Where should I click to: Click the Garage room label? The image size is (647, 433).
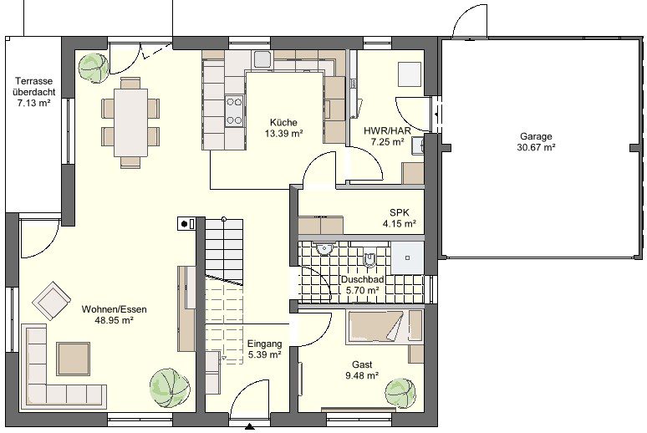click(536, 136)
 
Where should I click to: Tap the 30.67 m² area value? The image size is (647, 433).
click(536, 147)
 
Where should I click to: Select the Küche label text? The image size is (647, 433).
click(283, 122)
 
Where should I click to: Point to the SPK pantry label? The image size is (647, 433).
click(400, 212)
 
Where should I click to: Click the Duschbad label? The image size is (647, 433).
click(362, 279)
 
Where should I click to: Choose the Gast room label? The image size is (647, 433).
click(362, 364)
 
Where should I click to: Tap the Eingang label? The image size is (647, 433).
click(264, 344)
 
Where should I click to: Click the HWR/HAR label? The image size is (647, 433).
click(387, 131)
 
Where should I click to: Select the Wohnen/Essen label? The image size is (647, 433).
click(114, 309)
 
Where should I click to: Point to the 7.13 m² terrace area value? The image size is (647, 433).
click(33, 103)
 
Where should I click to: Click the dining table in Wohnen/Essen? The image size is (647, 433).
click(130, 123)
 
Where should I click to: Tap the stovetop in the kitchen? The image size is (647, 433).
click(234, 110)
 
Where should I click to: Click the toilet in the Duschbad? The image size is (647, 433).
click(369, 257)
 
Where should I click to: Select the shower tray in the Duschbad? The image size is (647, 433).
click(407, 258)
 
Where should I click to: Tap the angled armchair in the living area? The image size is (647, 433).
click(52, 301)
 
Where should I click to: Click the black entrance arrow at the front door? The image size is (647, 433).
click(249, 427)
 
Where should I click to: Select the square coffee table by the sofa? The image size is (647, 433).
click(74, 359)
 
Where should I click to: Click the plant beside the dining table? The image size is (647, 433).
click(94, 68)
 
